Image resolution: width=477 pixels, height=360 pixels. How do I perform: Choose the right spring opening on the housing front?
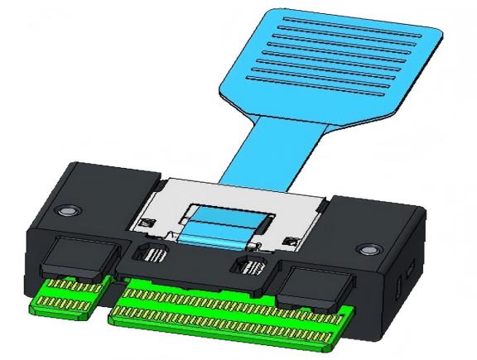247,266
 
